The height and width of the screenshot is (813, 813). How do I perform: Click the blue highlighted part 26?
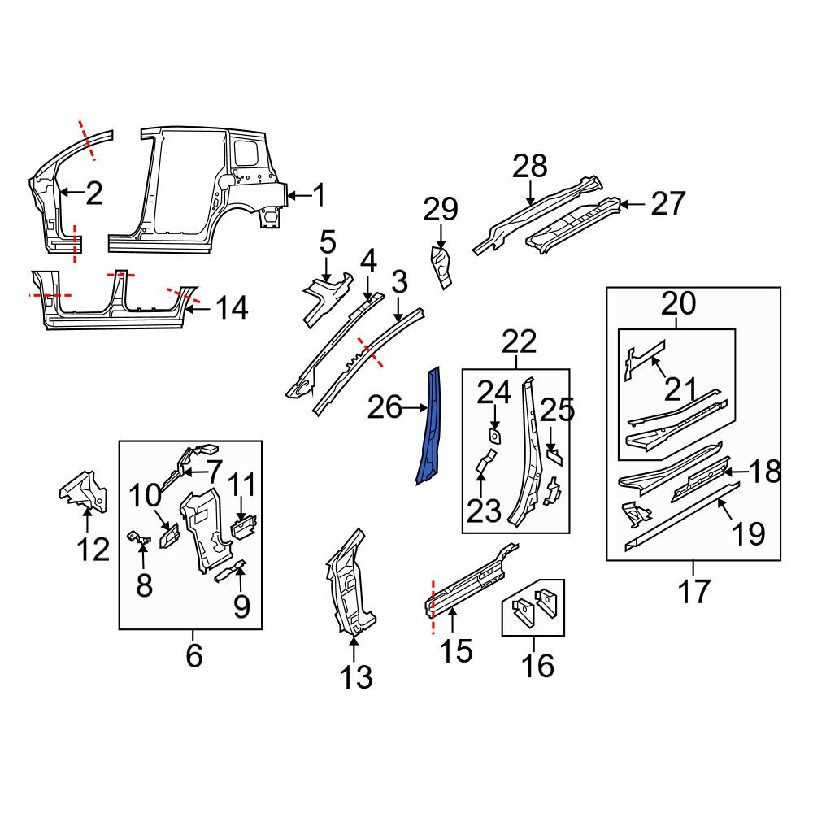(430, 425)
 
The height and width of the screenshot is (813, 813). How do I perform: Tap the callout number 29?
(441, 210)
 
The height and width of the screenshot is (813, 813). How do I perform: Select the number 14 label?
(232, 307)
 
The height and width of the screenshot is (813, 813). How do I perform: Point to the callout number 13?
(356, 677)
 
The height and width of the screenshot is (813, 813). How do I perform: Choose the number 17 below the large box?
(693, 592)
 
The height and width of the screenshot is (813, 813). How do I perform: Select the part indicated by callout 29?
(441, 267)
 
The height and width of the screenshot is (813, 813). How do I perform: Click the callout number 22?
(520, 341)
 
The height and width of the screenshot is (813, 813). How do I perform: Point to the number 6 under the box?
(194, 656)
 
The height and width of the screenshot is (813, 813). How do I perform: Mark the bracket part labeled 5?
(326, 300)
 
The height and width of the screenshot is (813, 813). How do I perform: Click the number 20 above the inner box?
(678, 303)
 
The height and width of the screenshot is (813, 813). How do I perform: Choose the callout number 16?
(537, 665)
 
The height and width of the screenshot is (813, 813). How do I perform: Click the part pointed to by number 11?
(242, 527)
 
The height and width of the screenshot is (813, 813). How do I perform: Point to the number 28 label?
(530, 166)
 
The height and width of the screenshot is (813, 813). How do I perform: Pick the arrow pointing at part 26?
(414, 409)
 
